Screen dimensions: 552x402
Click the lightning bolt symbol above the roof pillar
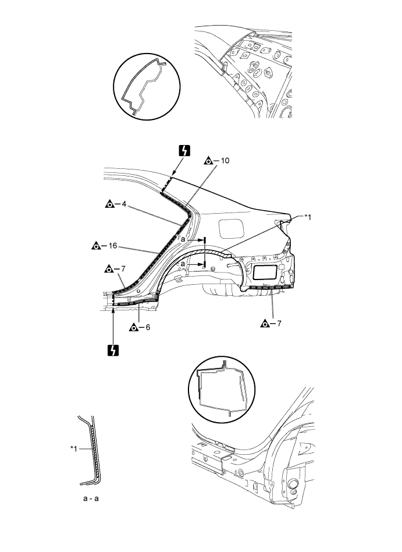tap(184, 151)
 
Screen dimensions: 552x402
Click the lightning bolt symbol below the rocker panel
tap(113, 351)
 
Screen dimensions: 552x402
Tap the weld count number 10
tap(226, 160)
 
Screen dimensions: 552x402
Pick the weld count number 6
tap(148, 327)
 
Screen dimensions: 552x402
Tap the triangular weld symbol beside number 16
tap(95, 246)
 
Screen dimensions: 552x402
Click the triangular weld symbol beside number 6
tap(133, 327)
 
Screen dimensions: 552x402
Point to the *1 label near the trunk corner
tap(308, 217)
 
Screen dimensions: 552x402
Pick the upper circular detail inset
tap(146, 87)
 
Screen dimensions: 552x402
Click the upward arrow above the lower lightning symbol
tap(113, 326)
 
